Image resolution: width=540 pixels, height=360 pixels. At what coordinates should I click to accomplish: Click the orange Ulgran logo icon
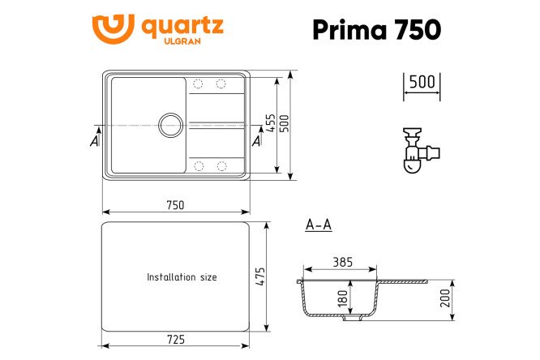click(x=114, y=30)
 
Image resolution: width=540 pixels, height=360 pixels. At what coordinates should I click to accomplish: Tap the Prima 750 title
click(x=377, y=29)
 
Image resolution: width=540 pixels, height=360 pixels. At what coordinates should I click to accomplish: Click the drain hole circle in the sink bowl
click(x=170, y=124)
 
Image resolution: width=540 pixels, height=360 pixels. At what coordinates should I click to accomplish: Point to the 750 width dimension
click(x=175, y=204)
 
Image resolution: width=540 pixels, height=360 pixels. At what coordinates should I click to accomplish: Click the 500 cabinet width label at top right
click(x=422, y=82)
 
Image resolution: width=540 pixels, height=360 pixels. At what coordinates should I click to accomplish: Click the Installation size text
click(x=182, y=277)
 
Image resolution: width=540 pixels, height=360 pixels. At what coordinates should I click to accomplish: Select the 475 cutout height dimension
click(x=261, y=276)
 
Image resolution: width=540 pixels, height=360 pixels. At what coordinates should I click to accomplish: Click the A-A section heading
click(x=319, y=225)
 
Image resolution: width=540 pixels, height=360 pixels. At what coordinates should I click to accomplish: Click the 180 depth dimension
click(x=343, y=298)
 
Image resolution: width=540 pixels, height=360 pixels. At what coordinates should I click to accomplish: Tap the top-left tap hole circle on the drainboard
click(x=198, y=84)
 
